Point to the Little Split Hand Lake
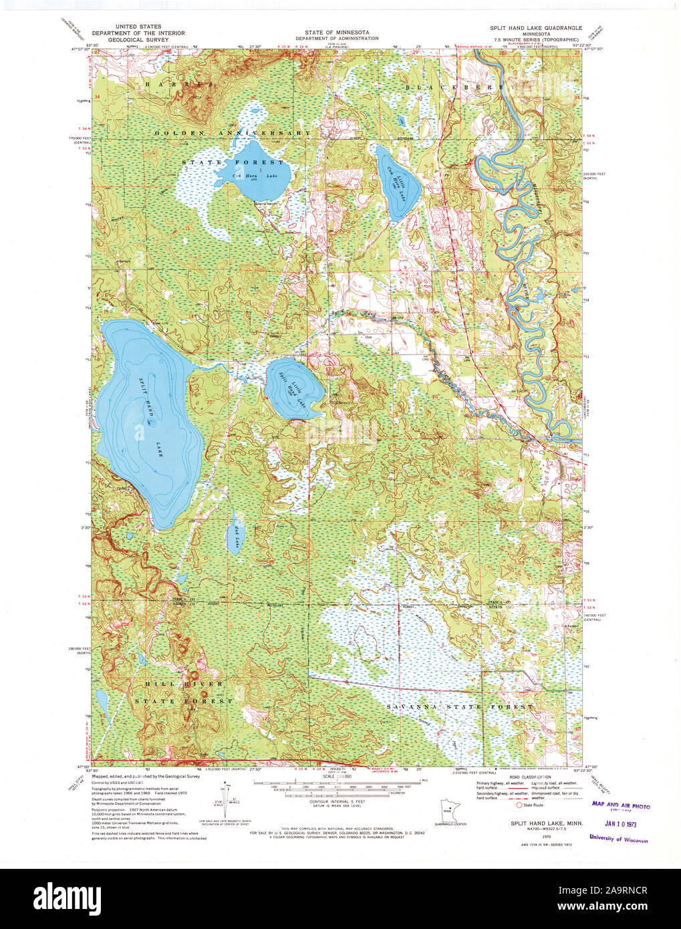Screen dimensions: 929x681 point(294,390)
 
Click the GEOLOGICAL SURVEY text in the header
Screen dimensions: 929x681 point(126,38)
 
